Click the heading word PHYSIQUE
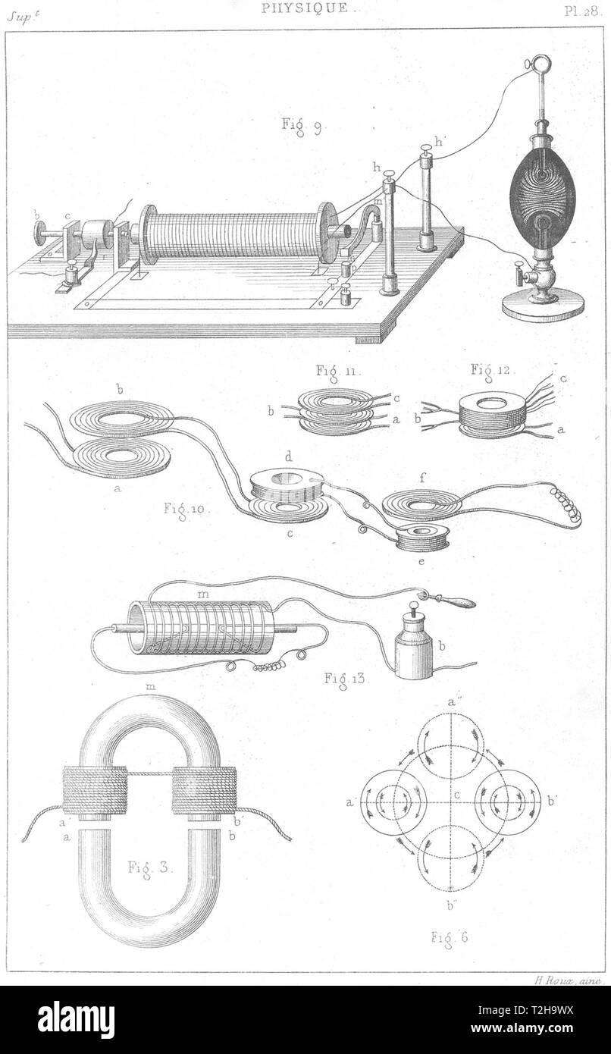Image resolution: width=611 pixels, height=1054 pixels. pos(305,8)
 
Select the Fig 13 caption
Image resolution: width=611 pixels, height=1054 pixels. pos(348,677)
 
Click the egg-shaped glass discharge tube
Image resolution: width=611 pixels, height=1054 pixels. pos(541,195)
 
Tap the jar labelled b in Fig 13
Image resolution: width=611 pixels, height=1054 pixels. pos(414,648)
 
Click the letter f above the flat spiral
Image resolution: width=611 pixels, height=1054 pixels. pos(421,478)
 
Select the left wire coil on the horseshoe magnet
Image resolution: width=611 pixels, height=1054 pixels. pos(95,789)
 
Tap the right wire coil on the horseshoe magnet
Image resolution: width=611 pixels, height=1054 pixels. pos(205,789)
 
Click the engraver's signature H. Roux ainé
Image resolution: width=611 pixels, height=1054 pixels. pos(567,981)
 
